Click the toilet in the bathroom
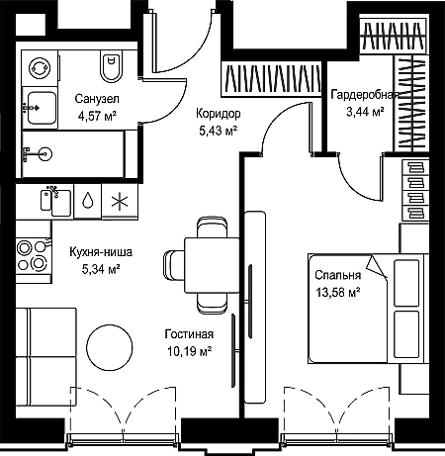[x=111, y=67]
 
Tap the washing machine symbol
[x=40, y=68]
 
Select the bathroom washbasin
[x=41, y=108]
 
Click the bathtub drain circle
[x=45, y=153]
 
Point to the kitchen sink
[x=56, y=201]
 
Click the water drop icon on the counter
[x=88, y=200]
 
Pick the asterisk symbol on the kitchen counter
[x=120, y=202]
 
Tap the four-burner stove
[x=34, y=255]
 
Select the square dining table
[x=212, y=265]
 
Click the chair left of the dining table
[x=174, y=265]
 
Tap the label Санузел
[x=97, y=99]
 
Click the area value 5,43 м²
[x=219, y=131]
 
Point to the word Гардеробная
[x=365, y=95]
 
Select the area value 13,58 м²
[x=337, y=292]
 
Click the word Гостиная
[x=189, y=334]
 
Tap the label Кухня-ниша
[x=101, y=252]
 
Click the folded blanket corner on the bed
[x=377, y=266]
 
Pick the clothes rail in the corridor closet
[x=271, y=78]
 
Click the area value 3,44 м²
[x=365, y=112]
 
